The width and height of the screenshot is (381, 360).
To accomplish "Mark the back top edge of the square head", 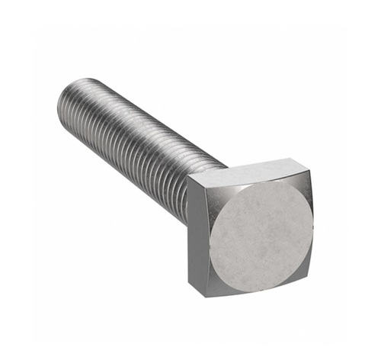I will coord(259,159).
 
